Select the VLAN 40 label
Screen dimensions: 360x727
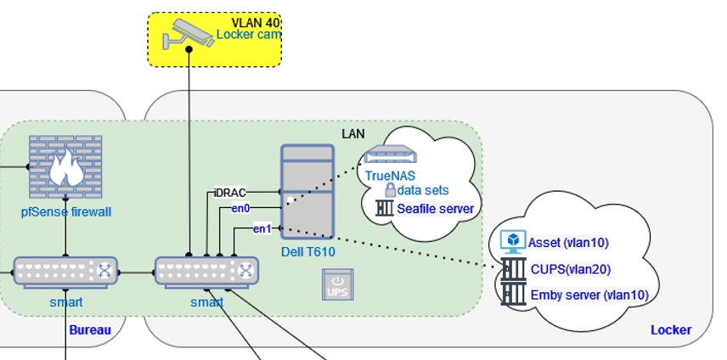tap(256, 22)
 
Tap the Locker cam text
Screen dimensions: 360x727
tap(248, 35)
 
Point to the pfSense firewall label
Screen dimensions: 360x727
tap(66, 211)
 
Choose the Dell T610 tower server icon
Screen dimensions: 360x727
tap(307, 190)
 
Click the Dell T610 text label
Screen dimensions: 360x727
tap(308, 253)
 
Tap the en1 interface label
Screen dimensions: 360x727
tap(262, 228)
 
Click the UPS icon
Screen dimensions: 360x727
tap(337, 284)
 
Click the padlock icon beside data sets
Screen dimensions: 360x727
tap(391, 189)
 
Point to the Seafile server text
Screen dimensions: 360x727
tap(435, 207)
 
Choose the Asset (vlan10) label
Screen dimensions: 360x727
tap(568, 243)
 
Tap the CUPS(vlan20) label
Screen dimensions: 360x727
tap(569, 269)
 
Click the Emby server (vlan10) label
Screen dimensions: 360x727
tap(589, 295)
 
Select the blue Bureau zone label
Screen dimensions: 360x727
tap(89, 329)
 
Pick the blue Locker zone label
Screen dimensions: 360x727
tap(671, 329)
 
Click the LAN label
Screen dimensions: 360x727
tap(352, 133)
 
